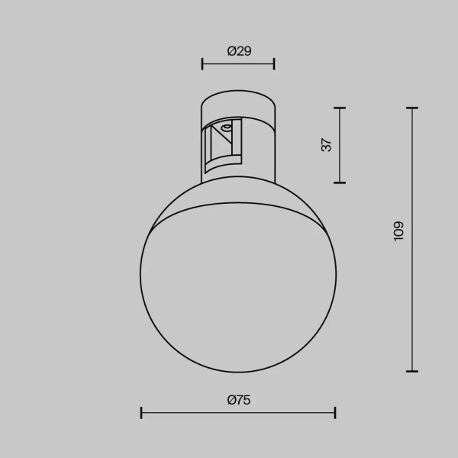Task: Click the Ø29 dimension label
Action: point(239,51)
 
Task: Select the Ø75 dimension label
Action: point(239,399)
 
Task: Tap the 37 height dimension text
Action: point(327,145)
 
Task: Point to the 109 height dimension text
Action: point(399,232)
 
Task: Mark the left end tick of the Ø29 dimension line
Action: point(202,64)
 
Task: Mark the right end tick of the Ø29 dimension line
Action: point(274,64)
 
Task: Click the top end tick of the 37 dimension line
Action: point(340,108)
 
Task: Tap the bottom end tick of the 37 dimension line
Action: point(340,182)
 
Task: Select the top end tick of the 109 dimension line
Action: point(412,108)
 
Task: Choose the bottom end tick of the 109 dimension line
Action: point(412,371)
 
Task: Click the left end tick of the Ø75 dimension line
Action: point(142,413)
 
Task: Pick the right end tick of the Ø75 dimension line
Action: point(335,413)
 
